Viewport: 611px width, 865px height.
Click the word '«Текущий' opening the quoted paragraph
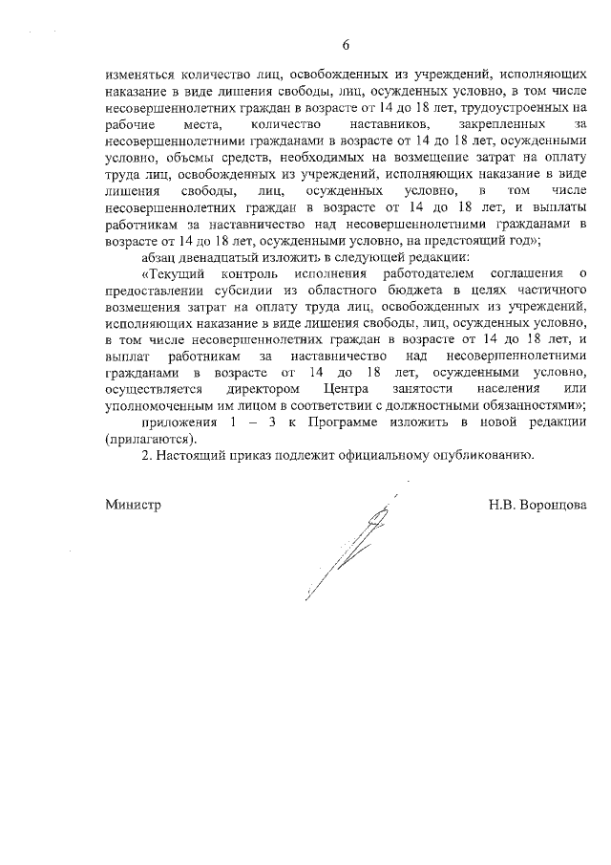point(172,274)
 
